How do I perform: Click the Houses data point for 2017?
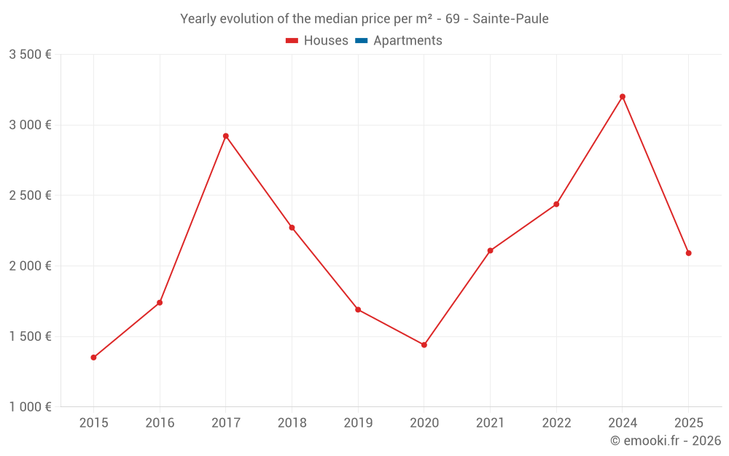(x=226, y=136)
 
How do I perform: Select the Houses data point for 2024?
(x=623, y=96)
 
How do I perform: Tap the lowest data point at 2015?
(x=93, y=358)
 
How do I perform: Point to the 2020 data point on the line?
(x=424, y=345)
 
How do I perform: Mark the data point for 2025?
(x=688, y=253)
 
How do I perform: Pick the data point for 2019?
(x=358, y=309)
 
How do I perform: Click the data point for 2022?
(x=556, y=204)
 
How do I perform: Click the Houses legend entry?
(x=326, y=41)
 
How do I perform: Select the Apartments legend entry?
(x=408, y=41)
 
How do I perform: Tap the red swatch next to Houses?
(x=292, y=41)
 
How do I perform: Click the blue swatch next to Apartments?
(x=361, y=41)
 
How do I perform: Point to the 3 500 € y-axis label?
(x=30, y=55)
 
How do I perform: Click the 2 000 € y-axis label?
(x=30, y=266)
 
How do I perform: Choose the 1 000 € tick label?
(x=30, y=407)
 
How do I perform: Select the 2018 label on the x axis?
(x=292, y=423)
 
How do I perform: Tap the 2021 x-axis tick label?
(x=490, y=423)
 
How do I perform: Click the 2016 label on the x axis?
(x=160, y=423)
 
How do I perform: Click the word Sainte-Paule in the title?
(x=510, y=19)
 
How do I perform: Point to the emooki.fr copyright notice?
(x=665, y=441)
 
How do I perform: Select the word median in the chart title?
(x=326, y=19)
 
